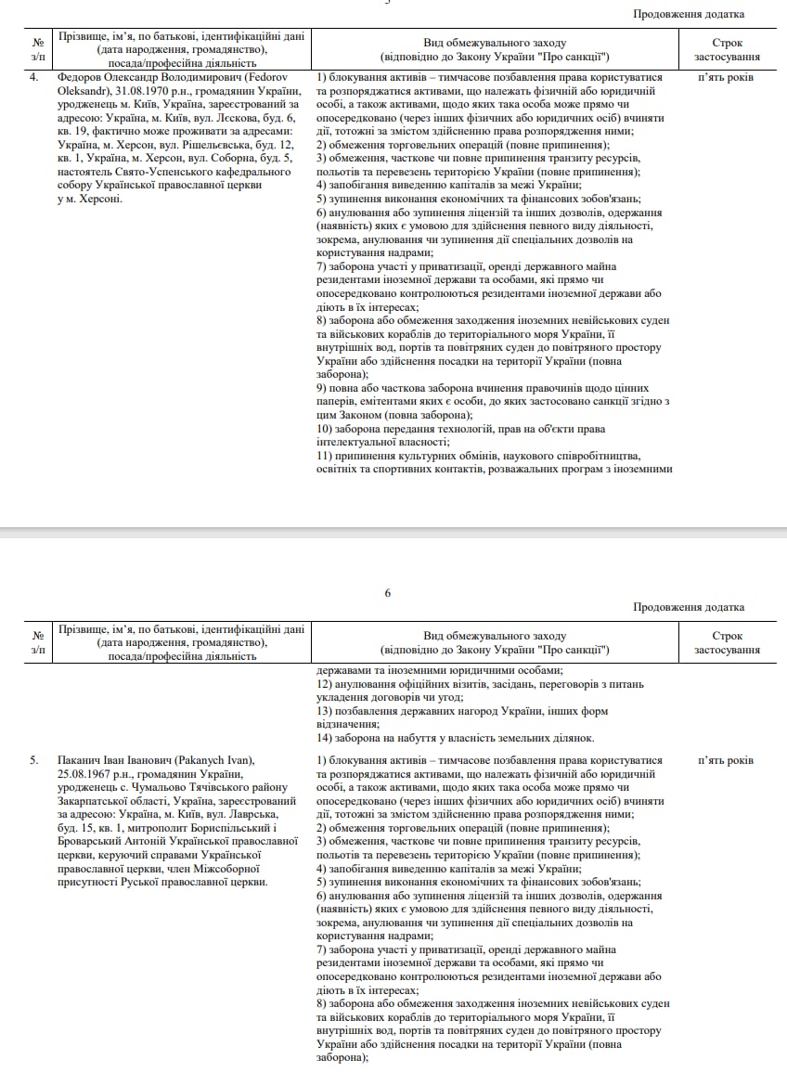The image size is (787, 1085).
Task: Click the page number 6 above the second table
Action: pyautogui.click(x=388, y=593)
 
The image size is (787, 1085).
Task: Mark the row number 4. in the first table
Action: pyautogui.click(x=34, y=78)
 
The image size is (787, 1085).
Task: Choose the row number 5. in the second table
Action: pyautogui.click(x=34, y=761)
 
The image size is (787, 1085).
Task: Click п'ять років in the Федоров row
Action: pyautogui.click(x=726, y=78)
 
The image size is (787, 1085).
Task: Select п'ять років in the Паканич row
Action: pyautogui.click(x=726, y=761)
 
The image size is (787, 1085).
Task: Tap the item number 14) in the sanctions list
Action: pyautogui.click(x=326, y=738)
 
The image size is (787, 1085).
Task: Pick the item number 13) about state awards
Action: pyautogui.click(x=326, y=711)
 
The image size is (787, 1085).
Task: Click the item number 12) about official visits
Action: pyautogui.click(x=326, y=684)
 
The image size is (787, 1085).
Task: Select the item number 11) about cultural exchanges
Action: pyautogui.click(x=326, y=456)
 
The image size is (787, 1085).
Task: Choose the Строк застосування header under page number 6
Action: pyautogui.click(x=727, y=643)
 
